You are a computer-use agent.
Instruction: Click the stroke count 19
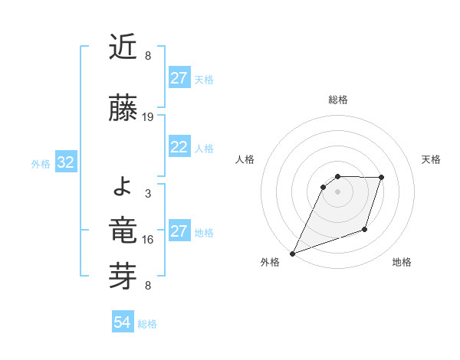[x=148, y=117]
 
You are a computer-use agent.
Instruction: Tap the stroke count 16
[x=148, y=240]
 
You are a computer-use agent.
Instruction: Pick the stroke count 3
[x=148, y=194]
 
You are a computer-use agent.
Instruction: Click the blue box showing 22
[x=179, y=148]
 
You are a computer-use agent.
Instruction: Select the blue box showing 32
[x=65, y=163]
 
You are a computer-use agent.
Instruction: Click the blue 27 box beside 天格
[x=179, y=79]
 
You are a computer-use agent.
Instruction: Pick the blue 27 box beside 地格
[x=179, y=232]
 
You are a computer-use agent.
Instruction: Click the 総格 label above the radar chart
[x=337, y=100]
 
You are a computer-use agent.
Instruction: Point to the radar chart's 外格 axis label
[x=270, y=262]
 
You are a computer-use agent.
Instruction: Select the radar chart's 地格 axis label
[x=402, y=262]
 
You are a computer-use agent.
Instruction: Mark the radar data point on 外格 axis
[x=292, y=254]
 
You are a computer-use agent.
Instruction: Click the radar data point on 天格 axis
[x=382, y=178]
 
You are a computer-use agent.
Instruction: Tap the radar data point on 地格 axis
[x=365, y=229]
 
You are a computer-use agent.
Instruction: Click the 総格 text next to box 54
[x=147, y=324]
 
